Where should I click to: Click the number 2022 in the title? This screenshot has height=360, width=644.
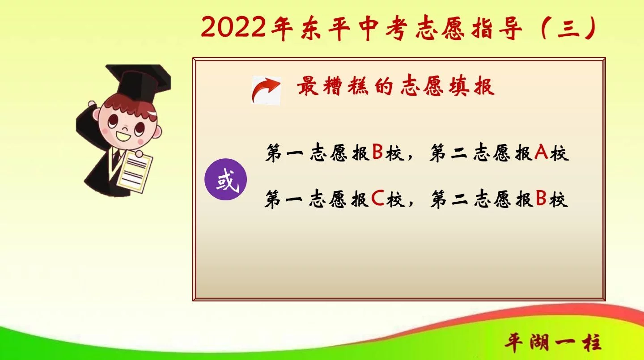233,27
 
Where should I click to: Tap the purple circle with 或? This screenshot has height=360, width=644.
226,179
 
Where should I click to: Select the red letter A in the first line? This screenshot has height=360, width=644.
541,152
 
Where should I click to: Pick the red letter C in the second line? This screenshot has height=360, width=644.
377,198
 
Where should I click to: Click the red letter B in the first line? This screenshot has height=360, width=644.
377,152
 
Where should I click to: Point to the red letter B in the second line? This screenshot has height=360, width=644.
541,198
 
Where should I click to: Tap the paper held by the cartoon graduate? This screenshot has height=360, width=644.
135,172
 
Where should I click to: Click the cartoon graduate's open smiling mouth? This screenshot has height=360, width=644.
123,136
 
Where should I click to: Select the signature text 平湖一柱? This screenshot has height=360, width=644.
553,343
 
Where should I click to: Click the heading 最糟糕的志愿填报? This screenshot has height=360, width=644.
396,85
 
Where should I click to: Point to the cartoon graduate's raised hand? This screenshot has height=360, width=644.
92,104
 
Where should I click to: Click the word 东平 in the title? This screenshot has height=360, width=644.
325,28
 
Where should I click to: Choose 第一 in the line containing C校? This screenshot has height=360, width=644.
284,199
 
